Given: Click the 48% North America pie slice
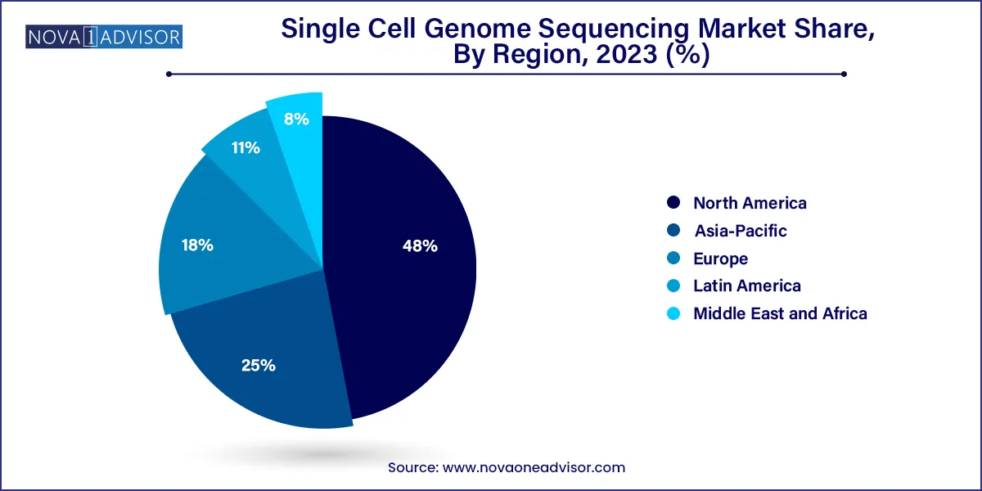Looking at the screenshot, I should click(x=401, y=278).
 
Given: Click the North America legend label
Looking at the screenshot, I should click(x=750, y=203).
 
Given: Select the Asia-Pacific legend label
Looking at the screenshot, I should click(x=740, y=231).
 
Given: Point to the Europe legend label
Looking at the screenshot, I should click(x=720, y=259).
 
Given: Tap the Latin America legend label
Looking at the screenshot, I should click(x=746, y=286).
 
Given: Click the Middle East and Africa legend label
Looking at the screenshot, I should click(x=780, y=313).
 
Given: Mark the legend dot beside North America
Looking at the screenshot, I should click(x=673, y=203).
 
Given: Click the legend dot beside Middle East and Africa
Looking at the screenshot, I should click(x=673, y=313).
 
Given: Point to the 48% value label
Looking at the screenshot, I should click(x=421, y=245).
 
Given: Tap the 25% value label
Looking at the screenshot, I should click(x=258, y=366).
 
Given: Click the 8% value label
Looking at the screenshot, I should click(x=296, y=119).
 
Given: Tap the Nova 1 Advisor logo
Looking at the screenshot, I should click(x=104, y=37).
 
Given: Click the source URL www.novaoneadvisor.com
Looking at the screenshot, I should click(x=534, y=467).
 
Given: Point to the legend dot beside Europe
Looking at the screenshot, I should click(x=673, y=259).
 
